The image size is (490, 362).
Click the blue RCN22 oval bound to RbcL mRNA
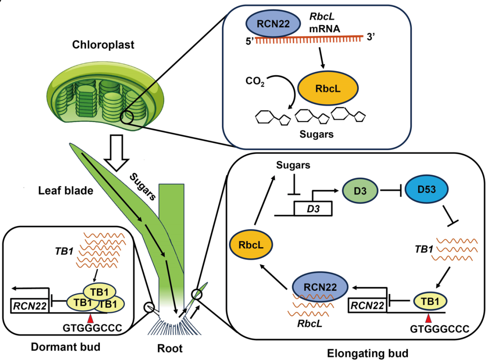tap(273, 24)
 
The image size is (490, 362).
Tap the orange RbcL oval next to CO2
tap(328, 88)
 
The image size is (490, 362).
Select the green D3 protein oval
tap(360, 191)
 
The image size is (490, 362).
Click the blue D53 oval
tap(426, 189)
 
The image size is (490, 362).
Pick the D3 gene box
tap(313, 208)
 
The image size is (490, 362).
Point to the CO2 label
tap(255, 82)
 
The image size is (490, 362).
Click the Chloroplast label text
tap(103, 44)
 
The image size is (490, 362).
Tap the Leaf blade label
tap(66, 191)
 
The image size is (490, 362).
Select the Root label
tap(170, 348)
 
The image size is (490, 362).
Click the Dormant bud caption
tap(66, 347)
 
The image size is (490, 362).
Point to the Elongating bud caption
tap(367, 353)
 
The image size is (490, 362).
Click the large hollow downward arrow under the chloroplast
tap(117, 153)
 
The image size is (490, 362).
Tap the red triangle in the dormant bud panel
tap(90, 318)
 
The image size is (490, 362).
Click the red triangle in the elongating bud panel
tap(428, 318)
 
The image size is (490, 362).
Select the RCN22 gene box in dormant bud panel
tap(30, 306)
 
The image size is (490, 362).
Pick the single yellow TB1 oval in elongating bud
tap(430, 301)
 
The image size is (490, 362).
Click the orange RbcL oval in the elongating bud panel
tap(251, 245)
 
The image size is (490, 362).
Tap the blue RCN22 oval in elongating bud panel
tap(320, 287)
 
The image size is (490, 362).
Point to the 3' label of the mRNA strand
tap(371, 37)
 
